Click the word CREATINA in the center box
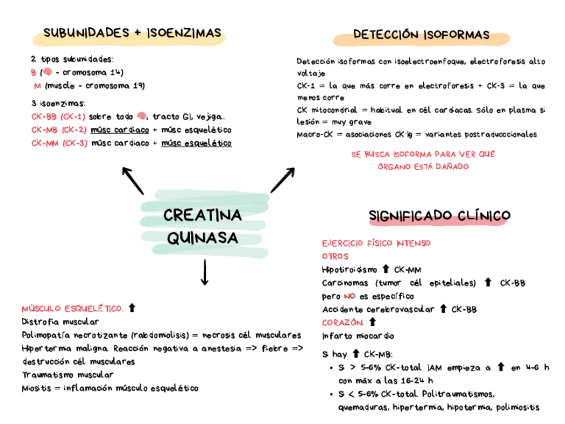coord(202,217)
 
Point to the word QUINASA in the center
coord(203,237)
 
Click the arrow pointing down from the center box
coord(204,272)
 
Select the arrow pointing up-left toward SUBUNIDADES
coord(133,180)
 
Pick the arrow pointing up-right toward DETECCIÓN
coord(282,179)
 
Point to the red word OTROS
coord(334,256)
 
